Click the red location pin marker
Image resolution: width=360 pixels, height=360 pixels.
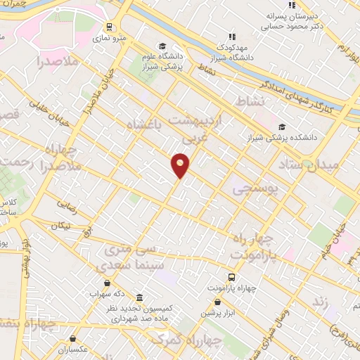coord(181,165)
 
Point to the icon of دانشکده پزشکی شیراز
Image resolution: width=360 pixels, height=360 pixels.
coord(281,127)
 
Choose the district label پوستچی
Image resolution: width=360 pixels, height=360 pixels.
coord(254,188)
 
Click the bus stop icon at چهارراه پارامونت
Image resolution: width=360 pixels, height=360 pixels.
coord(231,276)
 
